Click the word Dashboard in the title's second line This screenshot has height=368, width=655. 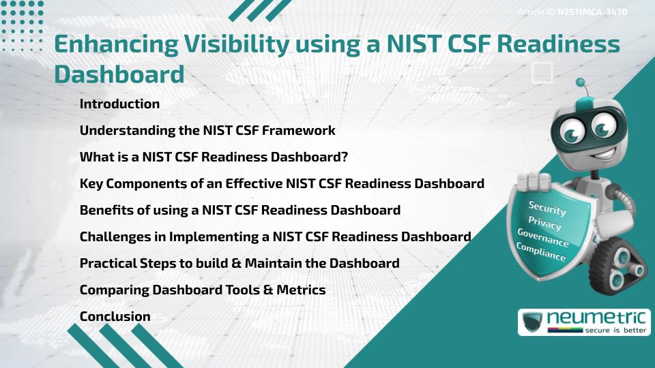coord(119,74)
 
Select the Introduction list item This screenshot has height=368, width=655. coord(119,104)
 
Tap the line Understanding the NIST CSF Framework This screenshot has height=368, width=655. coord(207,130)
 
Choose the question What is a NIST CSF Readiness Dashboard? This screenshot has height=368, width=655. coord(214,157)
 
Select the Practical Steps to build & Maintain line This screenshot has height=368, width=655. coord(239,263)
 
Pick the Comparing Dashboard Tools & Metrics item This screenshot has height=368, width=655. coord(203,290)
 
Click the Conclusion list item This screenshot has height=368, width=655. coord(115,316)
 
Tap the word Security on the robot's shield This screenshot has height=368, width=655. coord(547,208)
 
